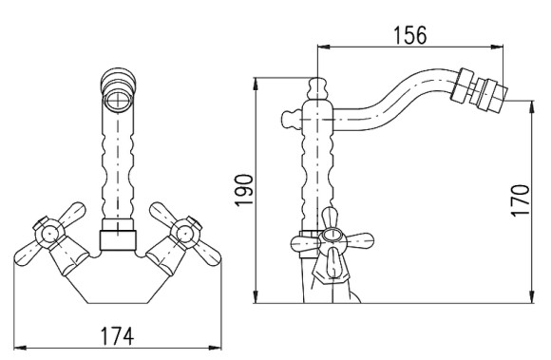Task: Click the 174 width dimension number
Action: coord(118,336)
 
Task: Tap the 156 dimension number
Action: coord(410,35)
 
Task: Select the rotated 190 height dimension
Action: coord(244,190)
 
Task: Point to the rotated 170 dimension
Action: coord(520,200)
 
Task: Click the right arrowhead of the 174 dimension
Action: coord(215,348)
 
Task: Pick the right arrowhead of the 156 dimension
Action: coord(497,47)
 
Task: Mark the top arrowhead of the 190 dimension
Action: coord(256,84)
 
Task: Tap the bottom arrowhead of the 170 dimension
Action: coord(532,296)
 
